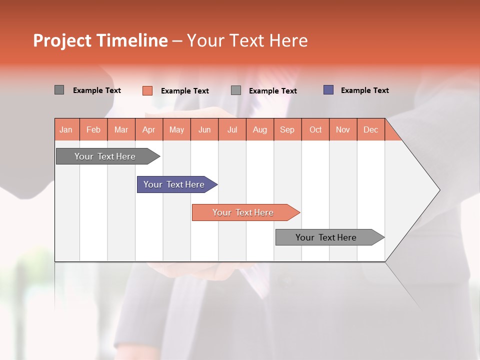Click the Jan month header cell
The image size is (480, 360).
pyautogui.click(x=66, y=129)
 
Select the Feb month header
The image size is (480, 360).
pyautogui.click(x=93, y=129)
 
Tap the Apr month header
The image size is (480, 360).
pyautogui.click(x=149, y=129)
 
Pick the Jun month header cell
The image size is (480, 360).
pyautogui.click(x=204, y=129)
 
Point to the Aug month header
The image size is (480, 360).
pyautogui.click(x=260, y=129)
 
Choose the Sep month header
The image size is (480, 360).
pyautogui.click(x=287, y=129)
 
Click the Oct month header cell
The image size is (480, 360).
pyautogui.click(x=315, y=129)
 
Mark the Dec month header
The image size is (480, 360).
pyautogui.click(x=371, y=129)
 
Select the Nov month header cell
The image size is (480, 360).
pyautogui.click(x=343, y=129)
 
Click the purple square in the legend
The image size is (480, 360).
pyautogui.click(x=328, y=90)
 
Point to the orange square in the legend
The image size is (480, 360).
pyautogui.click(x=147, y=90)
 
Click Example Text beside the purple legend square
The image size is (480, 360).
pyautogui.click(x=364, y=90)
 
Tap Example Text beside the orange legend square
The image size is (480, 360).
pyautogui.click(x=184, y=91)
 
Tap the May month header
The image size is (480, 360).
pyautogui.click(x=176, y=129)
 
